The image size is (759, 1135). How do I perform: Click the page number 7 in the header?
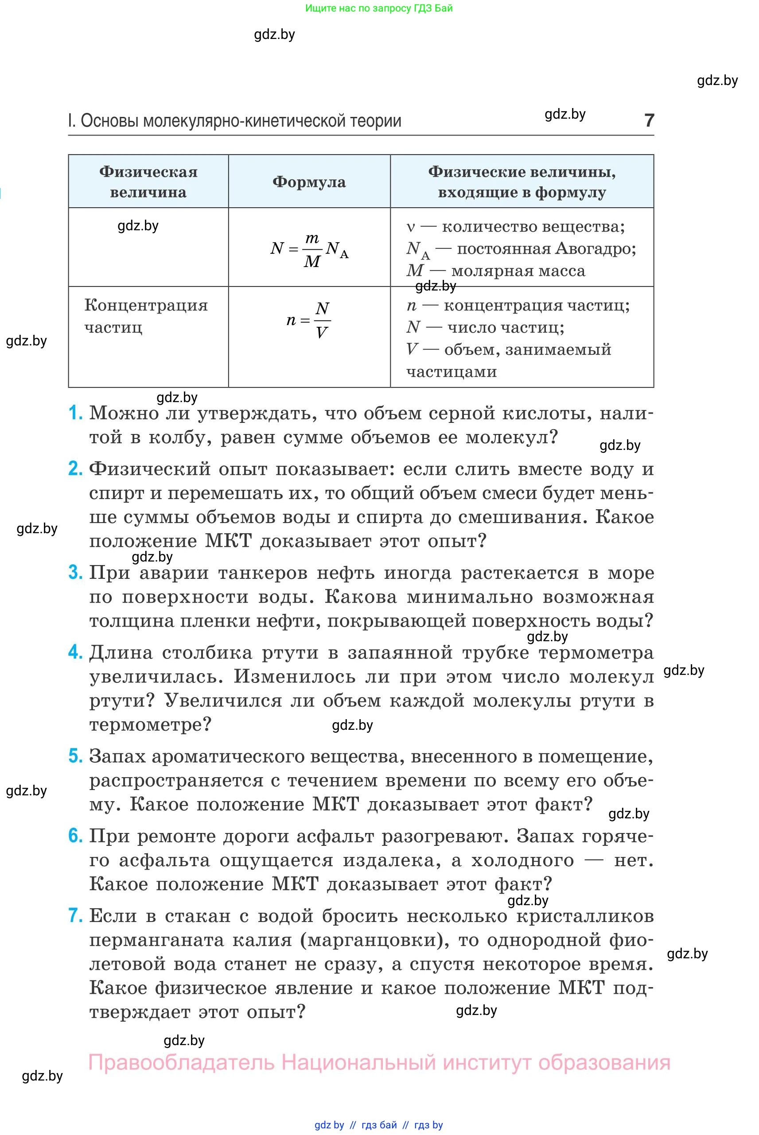coord(649,120)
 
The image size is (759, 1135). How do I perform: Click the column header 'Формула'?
coord(309,182)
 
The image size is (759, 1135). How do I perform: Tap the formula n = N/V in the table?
coord(309,320)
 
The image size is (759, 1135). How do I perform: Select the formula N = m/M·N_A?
coord(309,249)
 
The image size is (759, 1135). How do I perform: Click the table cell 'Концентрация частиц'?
coord(146,316)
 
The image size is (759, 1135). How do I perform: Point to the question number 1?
coord(75,413)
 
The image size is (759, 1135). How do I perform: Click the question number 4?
coord(75,652)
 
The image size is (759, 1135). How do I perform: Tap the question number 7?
coord(75,915)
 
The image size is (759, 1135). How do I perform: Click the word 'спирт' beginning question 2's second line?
coord(116,493)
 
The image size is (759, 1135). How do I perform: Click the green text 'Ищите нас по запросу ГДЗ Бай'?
coord(379,8)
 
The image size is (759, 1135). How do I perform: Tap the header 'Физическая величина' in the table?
coord(148,182)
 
